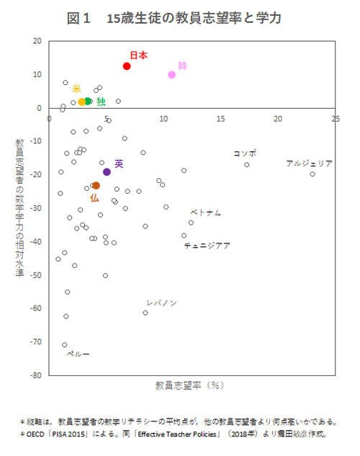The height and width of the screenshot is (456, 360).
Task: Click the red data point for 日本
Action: [x=127, y=66]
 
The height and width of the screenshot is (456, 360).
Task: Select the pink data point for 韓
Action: [x=172, y=75]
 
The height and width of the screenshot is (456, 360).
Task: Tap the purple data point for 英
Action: [x=107, y=171]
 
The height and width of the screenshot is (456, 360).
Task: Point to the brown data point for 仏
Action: [x=96, y=186]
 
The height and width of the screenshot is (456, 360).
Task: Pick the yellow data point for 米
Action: [x=81, y=102]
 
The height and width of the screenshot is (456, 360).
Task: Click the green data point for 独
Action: [x=89, y=102]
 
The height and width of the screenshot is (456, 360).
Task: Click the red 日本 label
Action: [x=138, y=55]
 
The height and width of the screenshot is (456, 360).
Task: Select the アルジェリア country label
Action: [x=309, y=164]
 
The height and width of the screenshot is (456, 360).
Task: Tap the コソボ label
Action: [x=245, y=153]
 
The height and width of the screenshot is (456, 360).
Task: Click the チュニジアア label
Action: [x=207, y=246]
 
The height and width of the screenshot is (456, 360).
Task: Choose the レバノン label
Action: [x=161, y=303]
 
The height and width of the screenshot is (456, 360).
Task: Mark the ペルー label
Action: [x=78, y=354]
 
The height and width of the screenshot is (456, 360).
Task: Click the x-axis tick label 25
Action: [x=335, y=118]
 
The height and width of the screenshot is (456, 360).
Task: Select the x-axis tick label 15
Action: [x=220, y=118]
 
